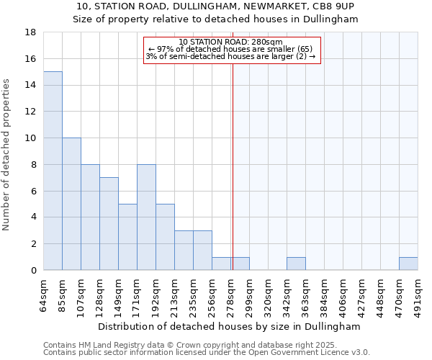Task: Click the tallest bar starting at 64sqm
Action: (x=53, y=171)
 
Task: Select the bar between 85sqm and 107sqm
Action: (x=71, y=204)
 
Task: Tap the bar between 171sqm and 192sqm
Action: (x=146, y=217)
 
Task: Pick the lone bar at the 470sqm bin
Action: (x=408, y=264)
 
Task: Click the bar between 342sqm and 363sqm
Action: (x=296, y=264)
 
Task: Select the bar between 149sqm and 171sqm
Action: (x=127, y=237)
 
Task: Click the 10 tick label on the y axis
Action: (x=31, y=138)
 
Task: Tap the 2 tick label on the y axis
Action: (x=34, y=244)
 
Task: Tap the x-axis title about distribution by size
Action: (x=230, y=326)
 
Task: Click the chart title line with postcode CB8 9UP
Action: (x=215, y=6)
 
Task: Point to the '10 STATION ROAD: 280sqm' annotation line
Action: (x=230, y=42)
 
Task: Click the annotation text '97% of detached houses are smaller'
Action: (x=230, y=49)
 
